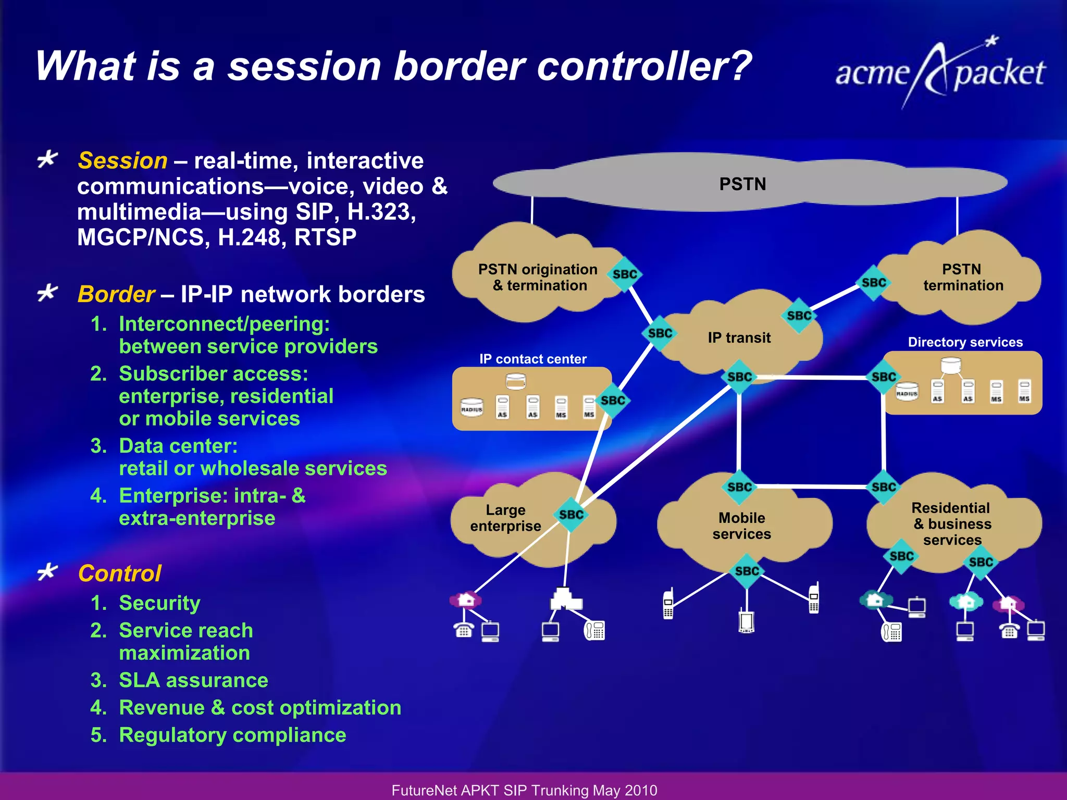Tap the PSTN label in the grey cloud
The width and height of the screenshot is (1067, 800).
click(x=742, y=184)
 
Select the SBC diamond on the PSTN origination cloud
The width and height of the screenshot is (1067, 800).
click(x=625, y=274)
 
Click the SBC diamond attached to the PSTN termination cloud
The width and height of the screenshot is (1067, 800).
click(x=874, y=283)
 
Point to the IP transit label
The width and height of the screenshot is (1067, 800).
click(x=739, y=338)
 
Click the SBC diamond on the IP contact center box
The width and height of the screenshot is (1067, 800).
click(x=613, y=401)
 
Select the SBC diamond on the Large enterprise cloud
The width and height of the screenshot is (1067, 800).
click(x=571, y=515)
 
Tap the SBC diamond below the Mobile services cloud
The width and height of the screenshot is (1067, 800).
click(x=747, y=571)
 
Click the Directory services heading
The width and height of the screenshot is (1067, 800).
click(x=965, y=342)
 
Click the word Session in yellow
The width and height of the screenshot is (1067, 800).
click(x=122, y=160)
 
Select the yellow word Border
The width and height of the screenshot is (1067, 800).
click(x=116, y=294)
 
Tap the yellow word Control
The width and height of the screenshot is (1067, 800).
click(x=119, y=573)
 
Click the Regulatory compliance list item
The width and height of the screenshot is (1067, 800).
click(x=232, y=735)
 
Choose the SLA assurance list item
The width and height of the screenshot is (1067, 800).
click(x=193, y=680)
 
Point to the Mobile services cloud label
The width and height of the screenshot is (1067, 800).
click(x=741, y=526)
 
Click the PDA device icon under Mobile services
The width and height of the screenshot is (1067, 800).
click(x=746, y=621)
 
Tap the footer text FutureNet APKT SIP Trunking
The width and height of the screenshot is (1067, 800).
click(x=524, y=790)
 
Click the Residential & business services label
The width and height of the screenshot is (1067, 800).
click(x=951, y=523)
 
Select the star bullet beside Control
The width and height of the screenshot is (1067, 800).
click(x=47, y=572)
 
